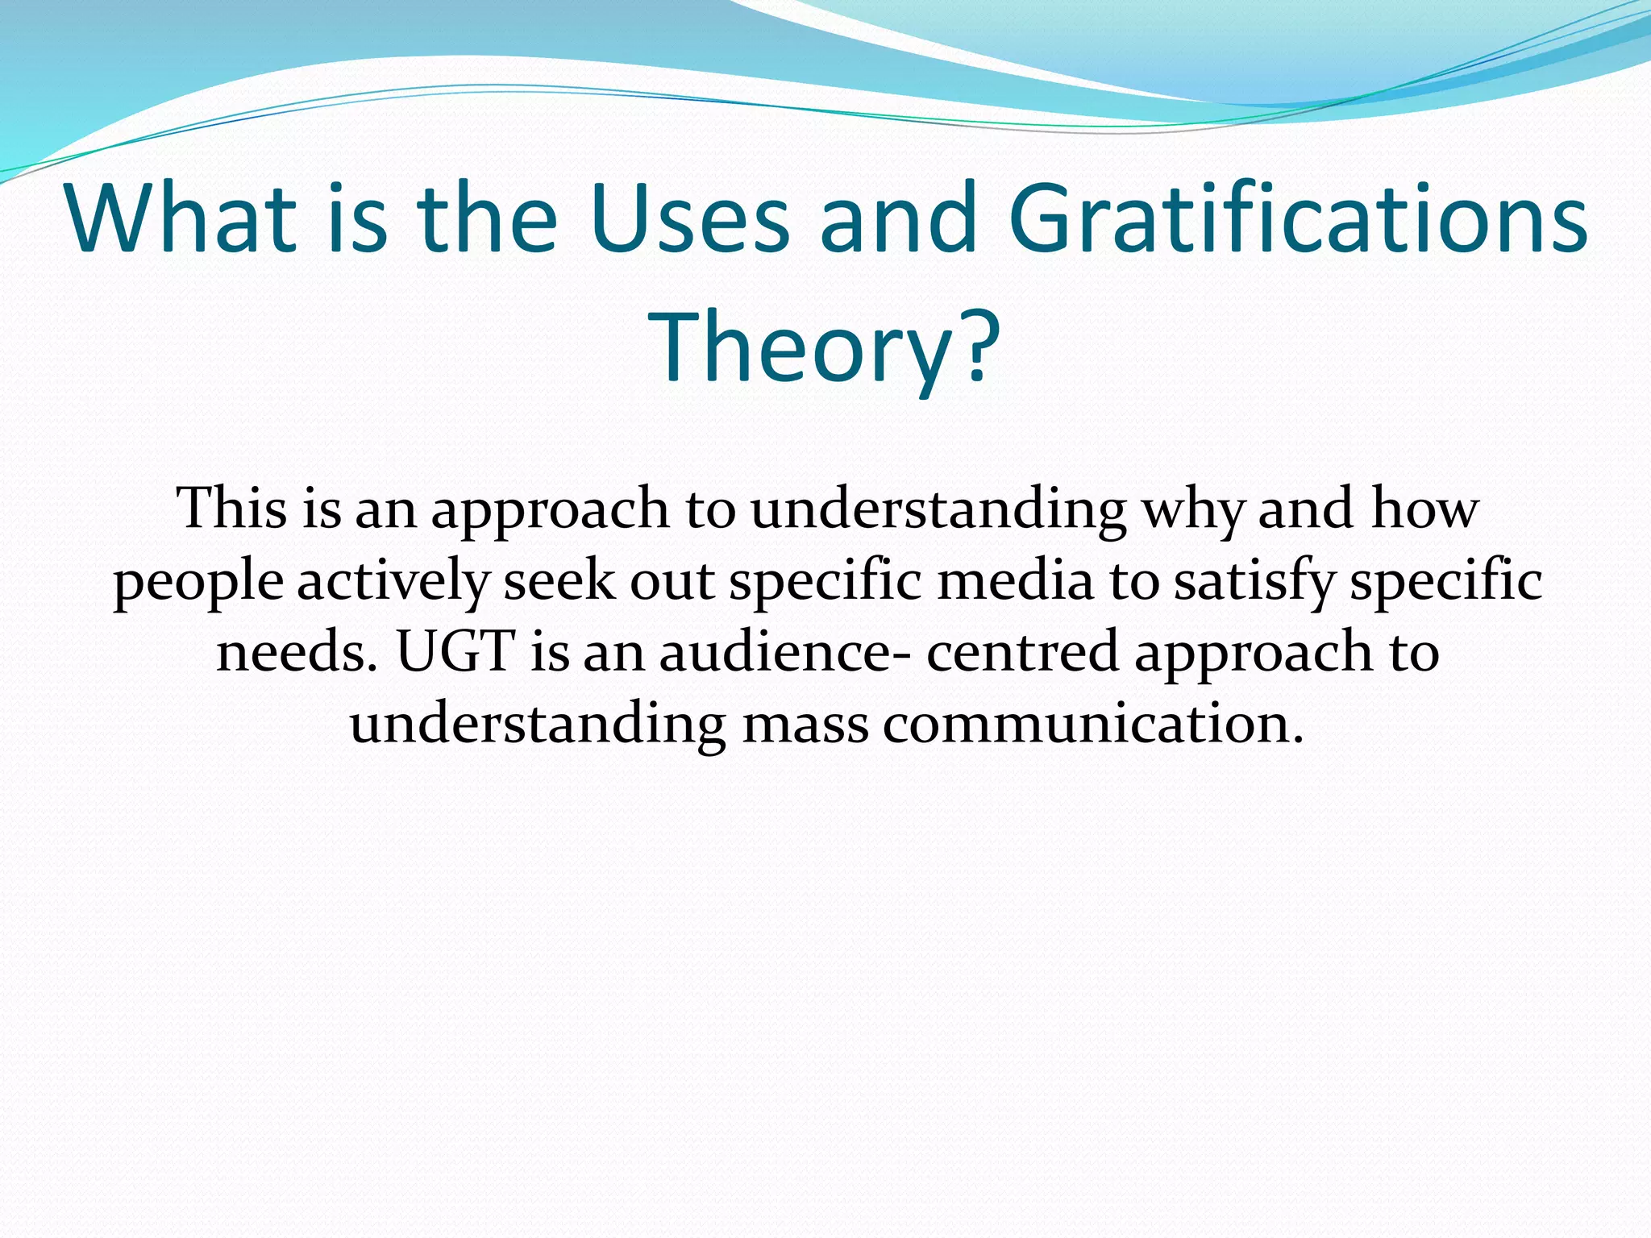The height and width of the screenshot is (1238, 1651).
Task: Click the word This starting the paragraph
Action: (x=232, y=509)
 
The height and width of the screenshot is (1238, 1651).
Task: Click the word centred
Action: (x=1022, y=651)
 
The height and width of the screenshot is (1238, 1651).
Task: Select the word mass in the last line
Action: (x=805, y=724)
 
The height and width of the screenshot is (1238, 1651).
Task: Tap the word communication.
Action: (x=1093, y=724)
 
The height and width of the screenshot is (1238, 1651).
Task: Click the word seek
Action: (x=559, y=580)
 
